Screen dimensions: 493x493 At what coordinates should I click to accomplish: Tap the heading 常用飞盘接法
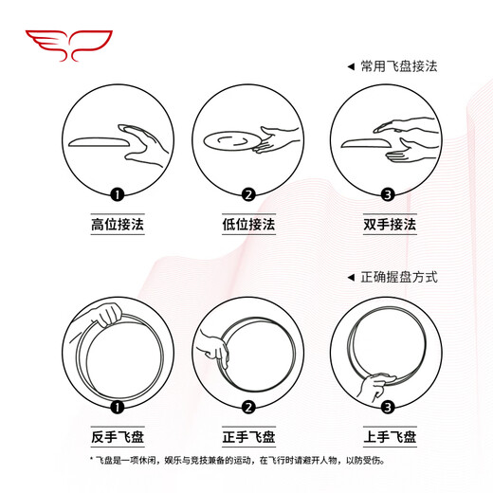(398, 67)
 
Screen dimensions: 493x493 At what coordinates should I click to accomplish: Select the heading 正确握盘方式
(398, 277)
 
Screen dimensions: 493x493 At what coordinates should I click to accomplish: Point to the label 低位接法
(248, 226)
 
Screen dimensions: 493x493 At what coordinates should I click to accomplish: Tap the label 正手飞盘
(248, 436)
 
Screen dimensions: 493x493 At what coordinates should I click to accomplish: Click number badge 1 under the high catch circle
(118, 195)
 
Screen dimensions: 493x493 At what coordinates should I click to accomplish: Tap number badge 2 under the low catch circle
(248, 195)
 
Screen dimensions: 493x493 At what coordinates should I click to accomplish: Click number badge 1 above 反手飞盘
(118, 408)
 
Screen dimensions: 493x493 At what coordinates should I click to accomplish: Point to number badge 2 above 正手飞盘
(248, 408)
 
